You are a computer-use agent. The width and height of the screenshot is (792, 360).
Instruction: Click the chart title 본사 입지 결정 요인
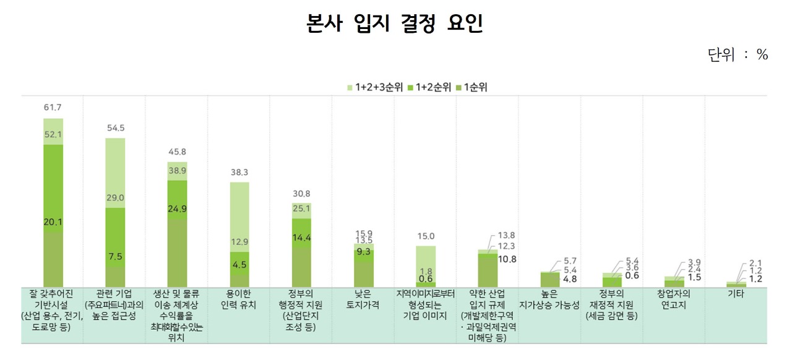[x=395, y=24]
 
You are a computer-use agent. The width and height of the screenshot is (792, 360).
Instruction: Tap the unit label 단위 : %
[x=738, y=55]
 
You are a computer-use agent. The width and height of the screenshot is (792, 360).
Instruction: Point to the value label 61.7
[x=53, y=108]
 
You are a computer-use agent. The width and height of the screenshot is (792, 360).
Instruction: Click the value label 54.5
[x=115, y=128]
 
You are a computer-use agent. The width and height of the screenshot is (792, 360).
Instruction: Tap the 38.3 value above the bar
[x=239, y=172]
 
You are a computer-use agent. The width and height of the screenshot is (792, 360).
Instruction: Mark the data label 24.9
[x=178, y=209]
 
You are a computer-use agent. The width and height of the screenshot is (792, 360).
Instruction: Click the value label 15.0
[x=426, y=236]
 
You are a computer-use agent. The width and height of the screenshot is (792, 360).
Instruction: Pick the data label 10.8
[x=507, y=259]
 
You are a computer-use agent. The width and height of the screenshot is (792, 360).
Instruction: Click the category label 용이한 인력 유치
[x=239, y=299]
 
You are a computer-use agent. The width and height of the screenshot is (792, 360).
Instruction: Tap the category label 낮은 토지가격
[x=363, y=299]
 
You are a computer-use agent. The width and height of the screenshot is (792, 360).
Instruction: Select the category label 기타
[x=736, y=294]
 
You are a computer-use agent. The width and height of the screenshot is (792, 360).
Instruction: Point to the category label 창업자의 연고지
[x=674, y=299]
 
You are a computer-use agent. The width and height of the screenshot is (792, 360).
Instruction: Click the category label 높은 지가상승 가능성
[x=549, y=299]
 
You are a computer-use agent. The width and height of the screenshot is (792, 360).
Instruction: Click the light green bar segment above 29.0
[x=115, y=167]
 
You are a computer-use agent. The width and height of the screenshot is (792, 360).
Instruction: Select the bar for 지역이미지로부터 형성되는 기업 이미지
[x=426, y=266]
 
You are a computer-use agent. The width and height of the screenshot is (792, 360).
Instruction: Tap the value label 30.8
[x=301, y=193]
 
